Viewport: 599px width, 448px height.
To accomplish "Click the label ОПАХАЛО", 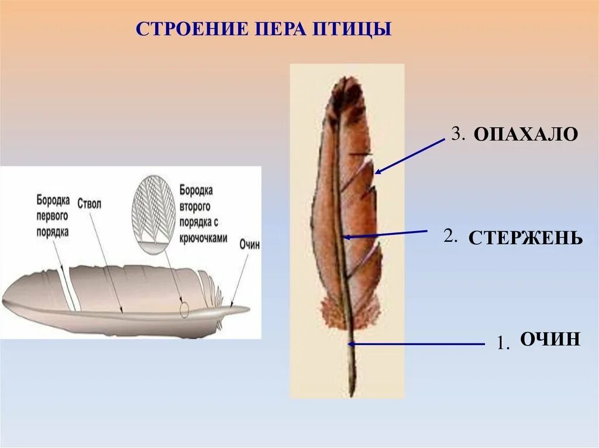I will [525, 134].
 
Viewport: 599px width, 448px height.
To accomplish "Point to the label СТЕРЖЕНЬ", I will [525, 238].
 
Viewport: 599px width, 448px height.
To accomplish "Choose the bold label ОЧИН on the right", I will [550, 339].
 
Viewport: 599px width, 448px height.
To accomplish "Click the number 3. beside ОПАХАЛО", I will [457, 134].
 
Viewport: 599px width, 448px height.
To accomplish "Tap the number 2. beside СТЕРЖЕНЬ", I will [450, 237].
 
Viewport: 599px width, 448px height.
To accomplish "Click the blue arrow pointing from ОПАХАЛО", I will [410, 156].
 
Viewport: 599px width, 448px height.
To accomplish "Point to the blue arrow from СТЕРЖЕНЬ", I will [386, 234].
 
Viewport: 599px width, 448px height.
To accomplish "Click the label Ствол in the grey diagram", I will [89, 203].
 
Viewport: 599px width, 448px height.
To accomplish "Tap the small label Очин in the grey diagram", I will [249, 245].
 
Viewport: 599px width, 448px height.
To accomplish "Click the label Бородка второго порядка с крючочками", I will [203, 214].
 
